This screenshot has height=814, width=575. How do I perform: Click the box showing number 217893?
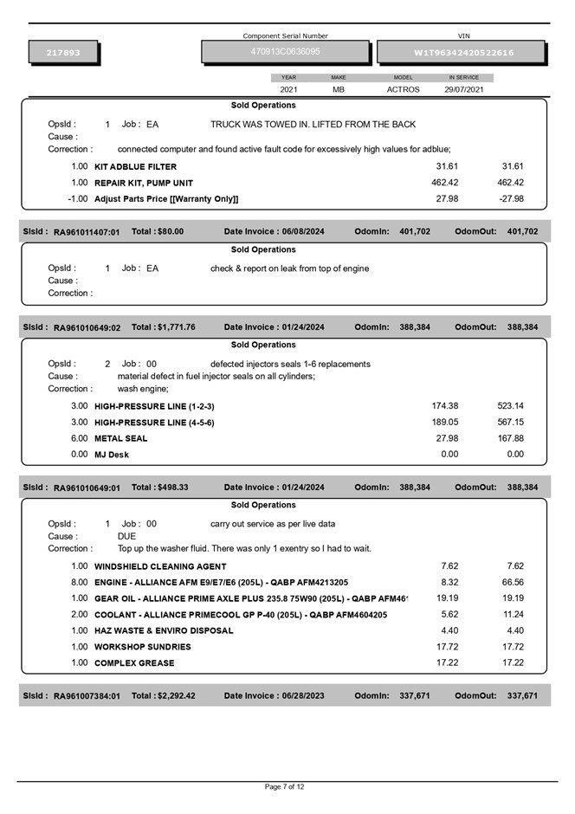(63, 53)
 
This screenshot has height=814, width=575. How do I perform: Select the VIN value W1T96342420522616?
(463, 53)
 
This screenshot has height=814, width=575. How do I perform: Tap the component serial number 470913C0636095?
(286, 52)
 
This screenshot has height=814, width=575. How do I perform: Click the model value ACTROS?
(403, 89)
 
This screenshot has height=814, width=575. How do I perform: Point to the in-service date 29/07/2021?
(464, 89)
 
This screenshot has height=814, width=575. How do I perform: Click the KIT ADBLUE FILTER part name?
(135, 166)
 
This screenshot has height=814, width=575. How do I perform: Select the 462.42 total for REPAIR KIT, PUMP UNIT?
(513, 183)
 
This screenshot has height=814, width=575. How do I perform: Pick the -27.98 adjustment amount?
(511, 199)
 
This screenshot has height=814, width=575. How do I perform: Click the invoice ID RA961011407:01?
(87, 232)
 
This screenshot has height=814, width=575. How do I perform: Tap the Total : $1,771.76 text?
(163, 327)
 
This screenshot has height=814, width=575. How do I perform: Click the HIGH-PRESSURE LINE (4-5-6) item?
(154, 423)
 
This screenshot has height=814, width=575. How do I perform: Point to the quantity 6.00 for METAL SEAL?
(80, 438)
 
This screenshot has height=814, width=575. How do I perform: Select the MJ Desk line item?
(112, 455)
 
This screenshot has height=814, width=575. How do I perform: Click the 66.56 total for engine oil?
(513, 582)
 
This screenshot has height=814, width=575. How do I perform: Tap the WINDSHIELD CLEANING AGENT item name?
(160, 566)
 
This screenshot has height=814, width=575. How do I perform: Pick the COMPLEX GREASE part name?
(134, 663)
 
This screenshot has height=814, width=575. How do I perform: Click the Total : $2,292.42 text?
(163, 695)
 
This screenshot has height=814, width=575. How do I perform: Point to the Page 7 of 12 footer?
(285, 787)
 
